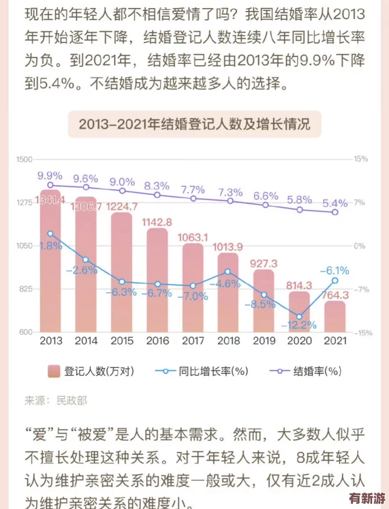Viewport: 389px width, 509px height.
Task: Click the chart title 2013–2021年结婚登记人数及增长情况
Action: (x=194, y=123)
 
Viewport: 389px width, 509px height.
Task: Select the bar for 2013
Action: (x=50, y=262)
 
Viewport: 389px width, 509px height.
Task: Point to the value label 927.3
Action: (x=264, y=263)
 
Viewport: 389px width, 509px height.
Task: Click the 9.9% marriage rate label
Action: (x=50, y=175)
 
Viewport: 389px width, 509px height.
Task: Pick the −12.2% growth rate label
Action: (x=299, y=324)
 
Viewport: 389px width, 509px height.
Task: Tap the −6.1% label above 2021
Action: (x=335, y=270)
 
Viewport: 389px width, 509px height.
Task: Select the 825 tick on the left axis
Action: (x=25, y=289)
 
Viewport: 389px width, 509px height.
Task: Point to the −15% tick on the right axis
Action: (x=361, y=333)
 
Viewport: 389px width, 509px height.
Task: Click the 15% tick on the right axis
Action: (x=361, y=159)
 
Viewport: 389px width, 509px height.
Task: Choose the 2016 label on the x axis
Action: (x=157, y=341)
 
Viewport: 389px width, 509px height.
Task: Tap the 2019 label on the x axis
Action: (x=264, y=341)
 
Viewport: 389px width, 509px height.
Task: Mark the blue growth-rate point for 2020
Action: (x=299, y=316)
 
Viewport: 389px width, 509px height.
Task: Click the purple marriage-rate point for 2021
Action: (x=335, y=212)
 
